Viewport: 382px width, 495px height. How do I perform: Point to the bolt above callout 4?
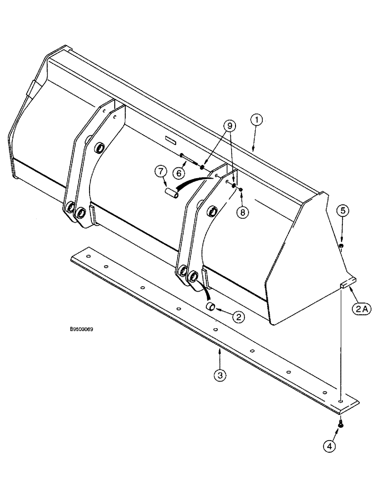(x=340, y=423)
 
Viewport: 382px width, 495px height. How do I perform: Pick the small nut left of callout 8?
(x=240, y=189)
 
